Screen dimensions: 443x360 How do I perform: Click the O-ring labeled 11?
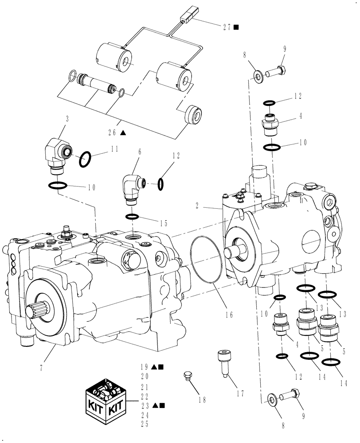[86, 159]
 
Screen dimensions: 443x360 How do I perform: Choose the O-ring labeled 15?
[133, 216]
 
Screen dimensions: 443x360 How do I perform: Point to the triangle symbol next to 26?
[123, 133]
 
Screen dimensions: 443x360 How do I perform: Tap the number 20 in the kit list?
[144, 377]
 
